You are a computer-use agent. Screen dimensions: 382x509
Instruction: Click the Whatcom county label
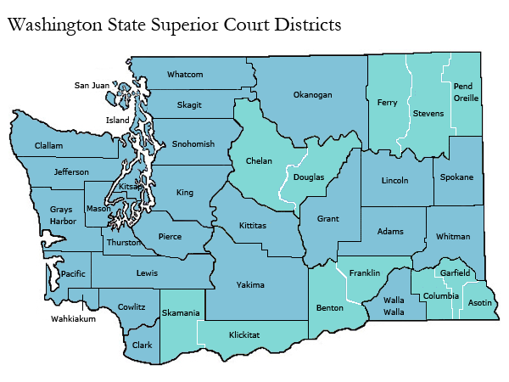pos(185,75)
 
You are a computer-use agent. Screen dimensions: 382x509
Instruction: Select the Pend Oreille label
pos(466,92)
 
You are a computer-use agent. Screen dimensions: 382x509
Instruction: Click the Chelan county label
pos(259,160)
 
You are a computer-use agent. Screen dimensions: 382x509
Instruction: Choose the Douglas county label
pos(308,179)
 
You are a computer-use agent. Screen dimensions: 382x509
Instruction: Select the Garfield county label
pos(455,272)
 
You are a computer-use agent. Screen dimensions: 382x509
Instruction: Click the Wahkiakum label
pos(71,320)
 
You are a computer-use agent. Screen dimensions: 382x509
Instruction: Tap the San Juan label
pos(92,85)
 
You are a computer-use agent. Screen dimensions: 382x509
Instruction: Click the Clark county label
pos(142,345)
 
